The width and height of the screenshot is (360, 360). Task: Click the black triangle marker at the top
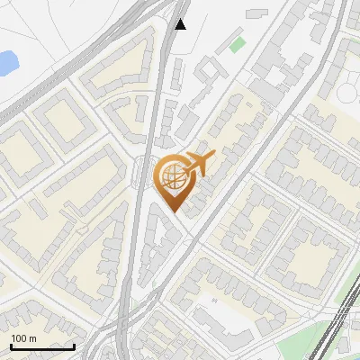click(181, 23)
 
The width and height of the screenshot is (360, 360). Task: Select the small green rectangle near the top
click(238, 42)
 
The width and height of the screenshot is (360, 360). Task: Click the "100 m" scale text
click(23, 338)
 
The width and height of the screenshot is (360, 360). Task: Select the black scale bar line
click(42, 346)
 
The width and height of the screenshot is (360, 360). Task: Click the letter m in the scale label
click(32, 338)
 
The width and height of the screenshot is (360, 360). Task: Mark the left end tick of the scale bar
click(11, 345)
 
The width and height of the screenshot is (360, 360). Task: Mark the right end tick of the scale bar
click(74, 345)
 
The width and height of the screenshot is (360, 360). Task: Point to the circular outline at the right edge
click(349, 95)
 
